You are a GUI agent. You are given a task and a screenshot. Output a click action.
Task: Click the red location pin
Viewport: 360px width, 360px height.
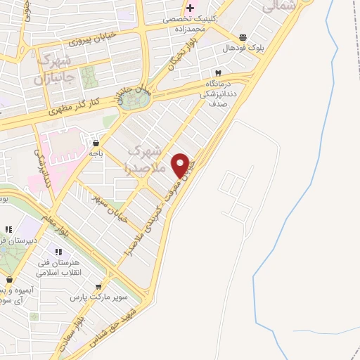pyautogui.click(x=181, y=165)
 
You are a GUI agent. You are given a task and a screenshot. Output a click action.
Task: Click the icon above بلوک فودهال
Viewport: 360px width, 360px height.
pyautogui.click(x=243, y=37)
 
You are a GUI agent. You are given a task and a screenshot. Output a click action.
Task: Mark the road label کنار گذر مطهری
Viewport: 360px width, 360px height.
pyautogui.click(x=74, y=107)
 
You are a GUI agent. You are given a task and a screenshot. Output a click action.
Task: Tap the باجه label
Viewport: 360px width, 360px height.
pyautogui.click(x=94, y=153)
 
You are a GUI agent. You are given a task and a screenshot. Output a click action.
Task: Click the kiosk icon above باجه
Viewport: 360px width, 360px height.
pyautogui.click(x=94, y=143)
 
